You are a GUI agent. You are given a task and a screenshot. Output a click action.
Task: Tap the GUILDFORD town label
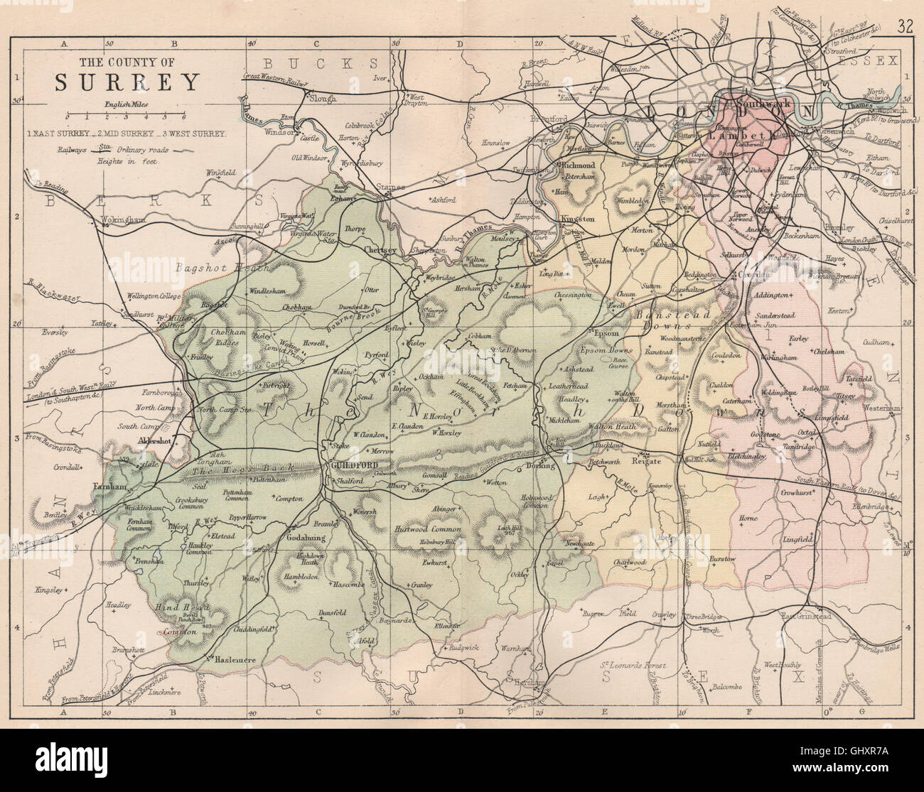(353, 465)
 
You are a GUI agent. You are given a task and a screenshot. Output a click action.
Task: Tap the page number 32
(904, 28)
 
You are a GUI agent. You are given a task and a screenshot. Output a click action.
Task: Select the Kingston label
(577, 219)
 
